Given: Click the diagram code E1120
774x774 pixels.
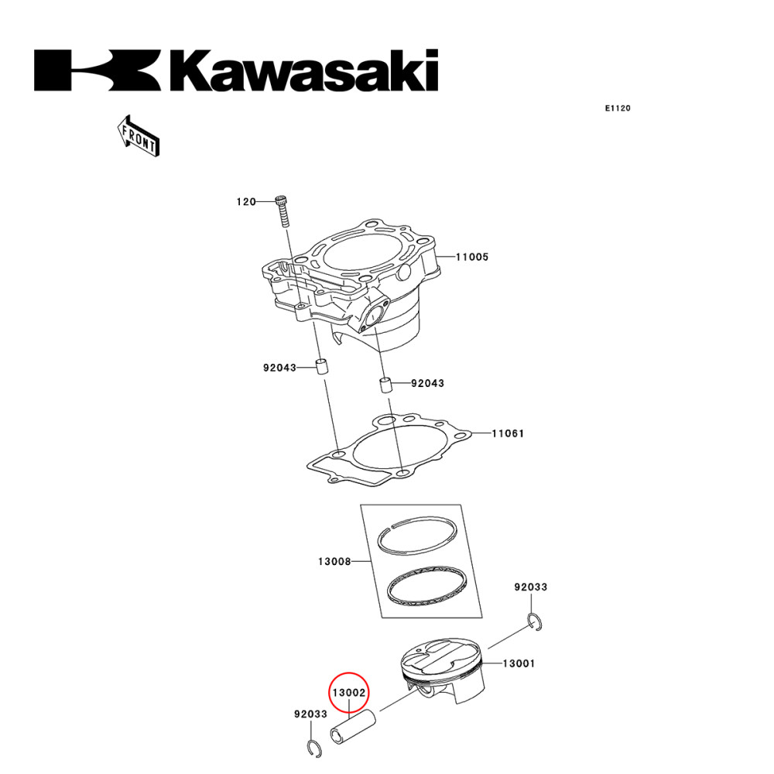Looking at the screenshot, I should coord(618,108).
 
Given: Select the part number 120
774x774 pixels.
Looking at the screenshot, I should coord(245,202).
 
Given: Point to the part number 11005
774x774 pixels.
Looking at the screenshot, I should coord(471,257).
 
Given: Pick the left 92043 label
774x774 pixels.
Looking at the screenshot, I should coord(279,368).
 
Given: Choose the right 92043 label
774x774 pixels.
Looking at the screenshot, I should coord(427,383).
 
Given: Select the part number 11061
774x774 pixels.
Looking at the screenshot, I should coord(508,433).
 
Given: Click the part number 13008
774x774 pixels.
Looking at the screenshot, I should coord(334,561).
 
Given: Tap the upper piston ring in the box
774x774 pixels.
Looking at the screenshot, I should coord(414,536).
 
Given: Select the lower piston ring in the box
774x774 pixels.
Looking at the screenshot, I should coord(426,586).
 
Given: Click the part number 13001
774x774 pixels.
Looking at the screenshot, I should coord(519,663).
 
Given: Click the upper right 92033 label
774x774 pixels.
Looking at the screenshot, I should coord(530,587).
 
